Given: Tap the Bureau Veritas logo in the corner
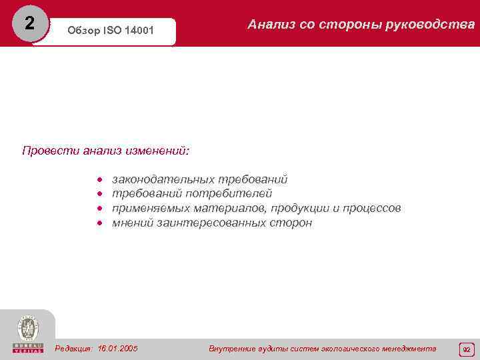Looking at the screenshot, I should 27,333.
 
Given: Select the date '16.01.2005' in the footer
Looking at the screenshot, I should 117,348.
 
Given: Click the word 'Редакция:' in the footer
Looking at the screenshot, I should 74,348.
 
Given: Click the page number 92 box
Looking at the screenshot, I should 466,349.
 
